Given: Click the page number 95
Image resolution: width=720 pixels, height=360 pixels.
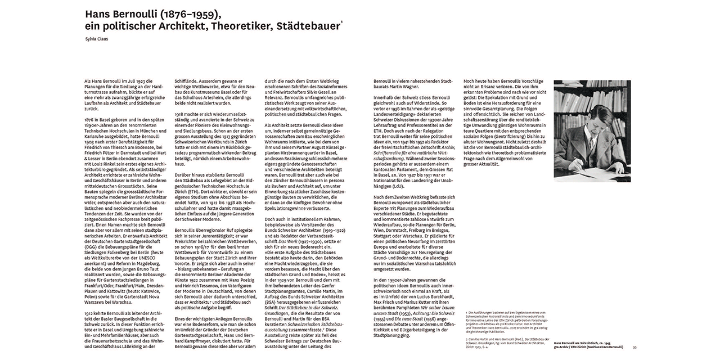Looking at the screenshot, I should pos(635,348).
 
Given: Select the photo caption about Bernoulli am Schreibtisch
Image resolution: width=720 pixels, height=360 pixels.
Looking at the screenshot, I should pos(588,345).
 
